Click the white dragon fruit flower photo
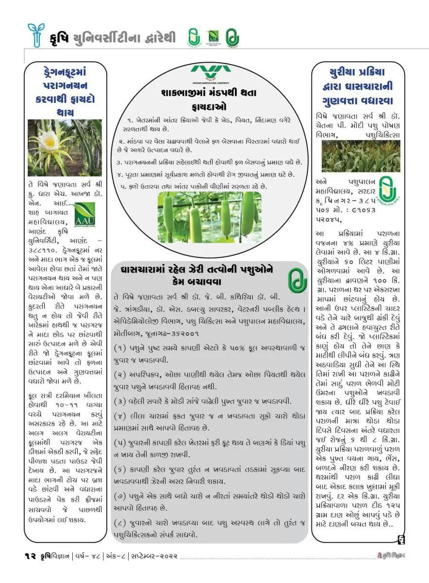[x=65, y=147]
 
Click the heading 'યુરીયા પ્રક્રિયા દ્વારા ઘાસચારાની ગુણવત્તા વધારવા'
[x=357, y=86]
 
